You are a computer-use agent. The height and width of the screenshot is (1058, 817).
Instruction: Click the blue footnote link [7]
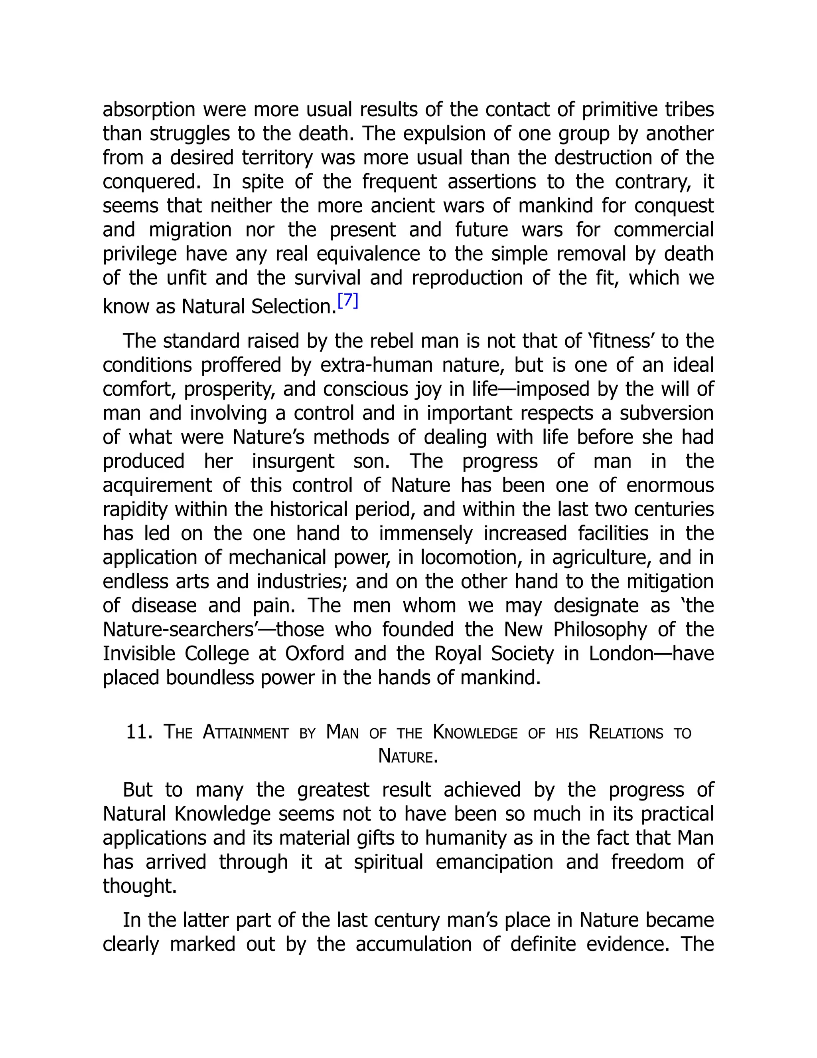347,301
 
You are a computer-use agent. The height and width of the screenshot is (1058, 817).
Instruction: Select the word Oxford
314,654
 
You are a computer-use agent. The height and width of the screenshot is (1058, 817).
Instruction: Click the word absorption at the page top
148,109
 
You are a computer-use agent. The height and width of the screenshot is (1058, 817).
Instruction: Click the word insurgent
293,461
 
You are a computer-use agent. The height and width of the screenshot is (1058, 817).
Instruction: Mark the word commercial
663,230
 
